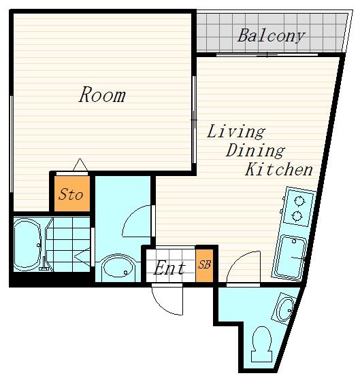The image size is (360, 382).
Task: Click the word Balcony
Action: tap(272, 36)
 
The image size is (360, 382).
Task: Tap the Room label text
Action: tap(102, 94)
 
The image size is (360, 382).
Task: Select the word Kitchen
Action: tap(279, 169)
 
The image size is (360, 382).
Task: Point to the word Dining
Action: tap(255, 151)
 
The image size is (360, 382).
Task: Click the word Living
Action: tap(236, 132)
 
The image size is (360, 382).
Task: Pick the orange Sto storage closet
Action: tap(72, 194)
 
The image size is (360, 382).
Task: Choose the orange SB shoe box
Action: tap(204, 266)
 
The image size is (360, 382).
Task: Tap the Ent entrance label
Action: tap(169, 268)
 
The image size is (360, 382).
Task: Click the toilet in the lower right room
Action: tap(262, 344)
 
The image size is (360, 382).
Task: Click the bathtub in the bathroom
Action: tap(27, 244)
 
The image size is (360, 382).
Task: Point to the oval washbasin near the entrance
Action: tap(118, 266)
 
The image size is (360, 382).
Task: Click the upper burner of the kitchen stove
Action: tap(299, 201)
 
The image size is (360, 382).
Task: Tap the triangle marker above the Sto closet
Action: tap(80, 164)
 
